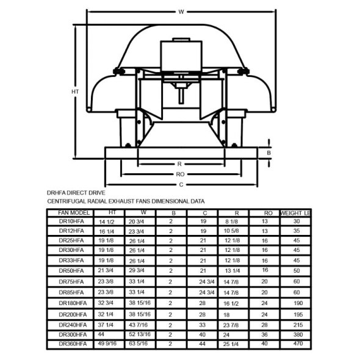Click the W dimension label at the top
(181, 12)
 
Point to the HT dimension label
(75, 92)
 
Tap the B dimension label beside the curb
(269, 153)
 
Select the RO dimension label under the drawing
(180, 175)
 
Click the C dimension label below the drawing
(181, 185)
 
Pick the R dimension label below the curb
(179, 164)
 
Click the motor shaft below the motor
(181, 96)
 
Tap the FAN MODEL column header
(74, 213)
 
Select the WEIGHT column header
(295, 213)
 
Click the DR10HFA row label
(71, 221)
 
